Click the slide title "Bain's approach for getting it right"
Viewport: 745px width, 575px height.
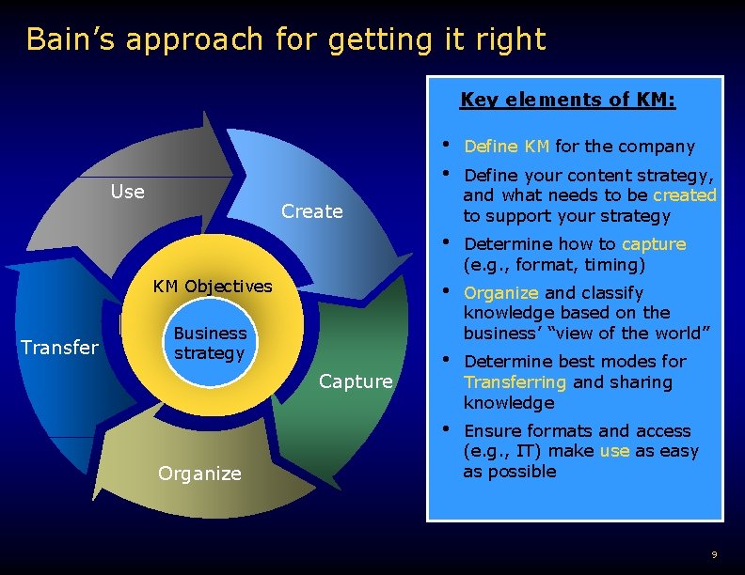click(285, 39)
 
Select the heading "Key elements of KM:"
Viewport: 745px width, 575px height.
click(567, 100)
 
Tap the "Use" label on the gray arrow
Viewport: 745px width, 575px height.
click(128, 192)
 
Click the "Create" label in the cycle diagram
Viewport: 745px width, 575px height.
click(312, 211)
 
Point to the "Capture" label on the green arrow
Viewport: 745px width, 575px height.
click(356, 381)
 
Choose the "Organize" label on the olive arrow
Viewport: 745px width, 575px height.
click(199, 474)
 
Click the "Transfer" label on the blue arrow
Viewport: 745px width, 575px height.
click(59, 348)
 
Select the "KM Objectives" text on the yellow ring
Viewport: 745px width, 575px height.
click(213, 286)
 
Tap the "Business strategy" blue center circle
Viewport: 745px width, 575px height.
click(210, 343)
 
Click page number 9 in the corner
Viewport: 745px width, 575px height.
click(714, 555)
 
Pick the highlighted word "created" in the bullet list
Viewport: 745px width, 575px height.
click(684, 195)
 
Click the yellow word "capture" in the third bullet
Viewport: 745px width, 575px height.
click(654, 244)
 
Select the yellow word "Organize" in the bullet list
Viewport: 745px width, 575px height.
click(501, 293)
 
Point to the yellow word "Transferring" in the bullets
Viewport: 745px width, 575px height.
click(515, 382)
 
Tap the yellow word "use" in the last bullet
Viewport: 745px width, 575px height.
click(614, 452)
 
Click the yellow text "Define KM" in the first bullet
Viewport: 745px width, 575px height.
click(507, 147)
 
